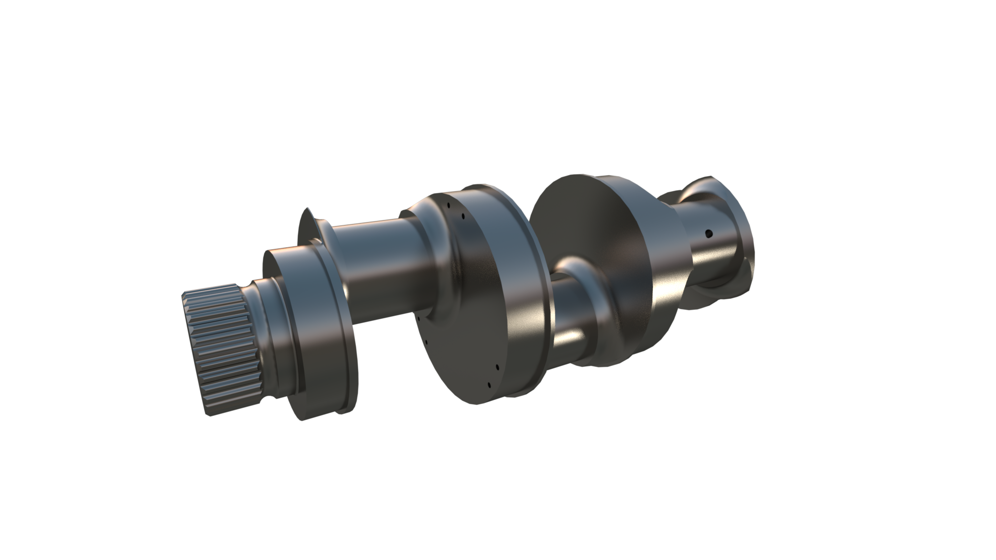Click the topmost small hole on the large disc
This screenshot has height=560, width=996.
click(448, 205)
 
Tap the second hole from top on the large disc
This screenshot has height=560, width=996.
click(463, 216)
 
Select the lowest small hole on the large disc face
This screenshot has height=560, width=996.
click(489, 385)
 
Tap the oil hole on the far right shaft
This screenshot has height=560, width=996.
click(708, 233)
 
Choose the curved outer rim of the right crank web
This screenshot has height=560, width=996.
click(662, 299)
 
